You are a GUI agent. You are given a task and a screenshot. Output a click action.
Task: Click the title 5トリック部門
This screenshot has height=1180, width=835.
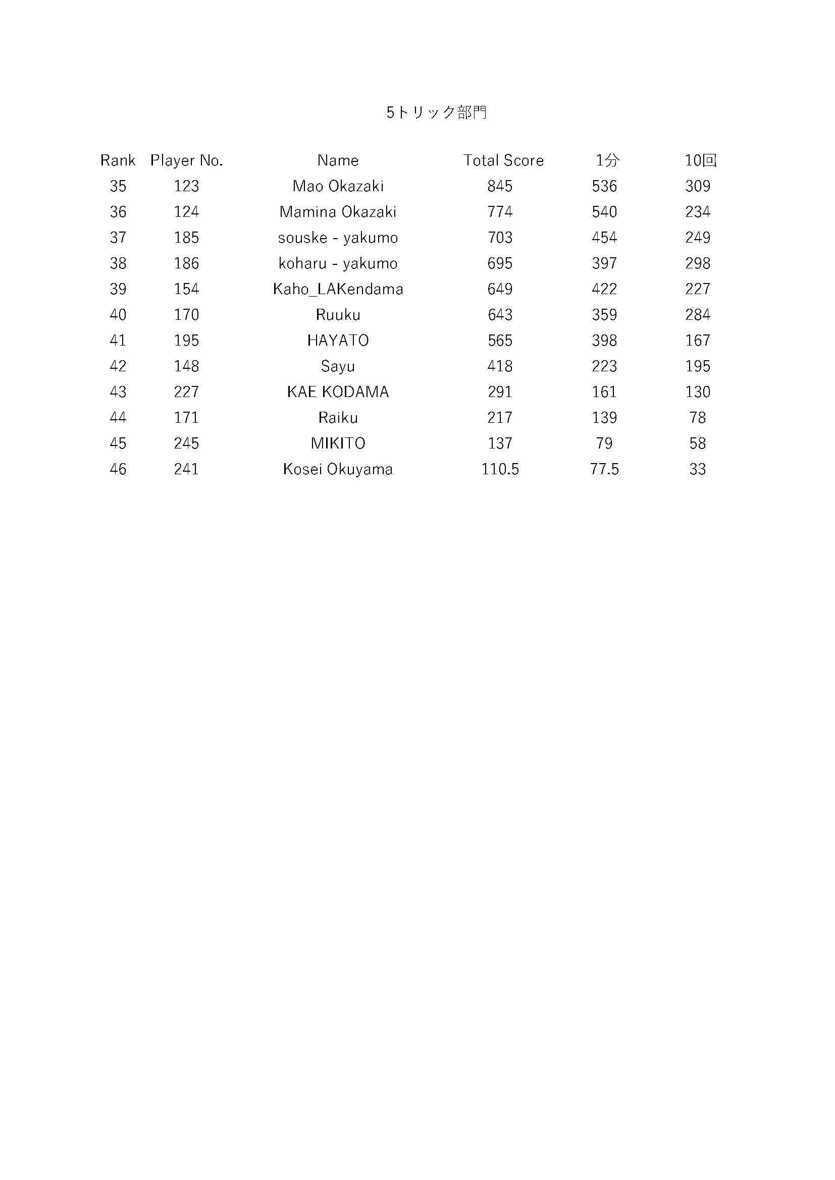click(437, 112)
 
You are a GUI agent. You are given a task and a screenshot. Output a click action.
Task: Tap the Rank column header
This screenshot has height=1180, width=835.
click(118, 160)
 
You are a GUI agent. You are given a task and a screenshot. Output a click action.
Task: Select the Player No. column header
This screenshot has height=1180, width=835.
click(186, 160)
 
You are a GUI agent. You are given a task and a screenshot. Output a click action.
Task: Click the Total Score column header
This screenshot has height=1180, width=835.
click(503, 160)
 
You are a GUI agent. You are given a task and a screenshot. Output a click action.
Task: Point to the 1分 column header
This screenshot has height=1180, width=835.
click(607, 160)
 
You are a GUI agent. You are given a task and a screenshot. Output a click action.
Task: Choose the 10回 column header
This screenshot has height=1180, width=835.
click(700, 160)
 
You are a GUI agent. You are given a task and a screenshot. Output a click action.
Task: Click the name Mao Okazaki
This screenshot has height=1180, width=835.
click(338, 186)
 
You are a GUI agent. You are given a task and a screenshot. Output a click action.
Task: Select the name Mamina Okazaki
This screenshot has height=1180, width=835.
click(338, 212)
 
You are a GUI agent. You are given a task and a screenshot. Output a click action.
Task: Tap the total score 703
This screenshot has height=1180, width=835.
click(500, 238)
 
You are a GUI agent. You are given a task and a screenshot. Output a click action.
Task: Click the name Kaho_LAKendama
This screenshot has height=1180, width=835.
click(338, 289)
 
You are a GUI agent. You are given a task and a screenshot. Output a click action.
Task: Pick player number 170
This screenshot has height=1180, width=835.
click(186, 314)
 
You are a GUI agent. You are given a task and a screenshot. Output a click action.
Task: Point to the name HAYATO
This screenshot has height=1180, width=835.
click(338, 340)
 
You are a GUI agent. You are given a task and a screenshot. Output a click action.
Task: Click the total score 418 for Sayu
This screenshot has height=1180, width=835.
click(500, 366)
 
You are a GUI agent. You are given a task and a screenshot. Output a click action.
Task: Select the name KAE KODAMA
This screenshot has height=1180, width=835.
click(338, 391)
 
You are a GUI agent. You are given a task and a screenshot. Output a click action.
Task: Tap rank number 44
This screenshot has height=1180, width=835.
click(118, 417)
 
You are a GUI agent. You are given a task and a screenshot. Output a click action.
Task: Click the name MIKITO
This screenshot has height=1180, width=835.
click(338, 443)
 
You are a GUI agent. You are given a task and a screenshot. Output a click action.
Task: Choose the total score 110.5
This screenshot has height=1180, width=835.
click(500, 469)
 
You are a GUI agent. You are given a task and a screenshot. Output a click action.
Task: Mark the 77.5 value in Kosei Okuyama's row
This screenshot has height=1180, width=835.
click(604, 469)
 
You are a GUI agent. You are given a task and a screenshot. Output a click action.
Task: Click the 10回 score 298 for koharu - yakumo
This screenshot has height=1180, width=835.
click(697, 263)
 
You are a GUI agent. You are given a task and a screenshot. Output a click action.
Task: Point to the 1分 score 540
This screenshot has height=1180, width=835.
click(604, 212)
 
